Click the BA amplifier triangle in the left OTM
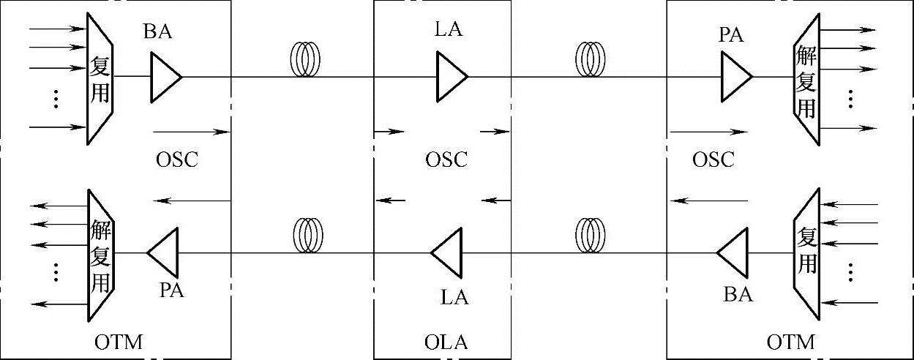click(x=165, y=77)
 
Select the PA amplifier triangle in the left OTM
click(x=162, y=252)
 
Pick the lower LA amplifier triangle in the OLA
click(x=447, y=252)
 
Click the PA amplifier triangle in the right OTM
click(x=735, y=77)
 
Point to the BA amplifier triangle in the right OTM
click(x=732, y=252)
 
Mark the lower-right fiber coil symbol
click(x=590, y=236)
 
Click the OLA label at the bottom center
click(x=446, y=342)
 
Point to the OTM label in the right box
click(x=790, y=341)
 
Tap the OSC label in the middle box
click(x=446, y=160)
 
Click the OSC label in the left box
click(x=177, y=160)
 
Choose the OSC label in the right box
click(x=712, y=160)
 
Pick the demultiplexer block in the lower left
click(x=100, y=255)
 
